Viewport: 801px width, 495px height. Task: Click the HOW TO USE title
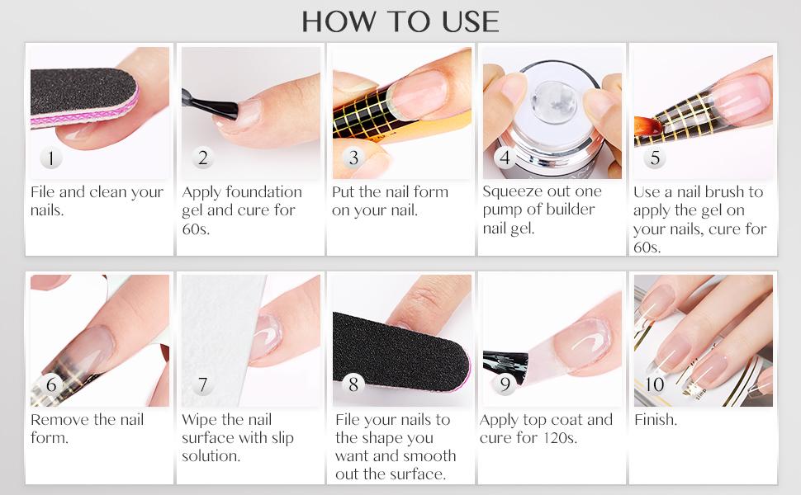click(400, 21)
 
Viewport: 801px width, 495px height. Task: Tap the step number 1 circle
click(51, 158)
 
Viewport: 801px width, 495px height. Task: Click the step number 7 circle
click(203, 385)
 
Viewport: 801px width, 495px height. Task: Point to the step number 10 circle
click(655, 384)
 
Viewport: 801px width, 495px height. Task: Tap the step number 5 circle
click(655, 158)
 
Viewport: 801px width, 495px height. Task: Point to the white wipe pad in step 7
click(219, 330)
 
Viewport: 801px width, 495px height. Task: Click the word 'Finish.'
click(656, 420)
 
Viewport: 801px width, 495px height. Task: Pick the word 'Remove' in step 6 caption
click(60, 420)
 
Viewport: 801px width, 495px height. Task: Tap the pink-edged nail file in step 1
click(83, 99)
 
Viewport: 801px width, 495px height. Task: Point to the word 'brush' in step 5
click(722, 192)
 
